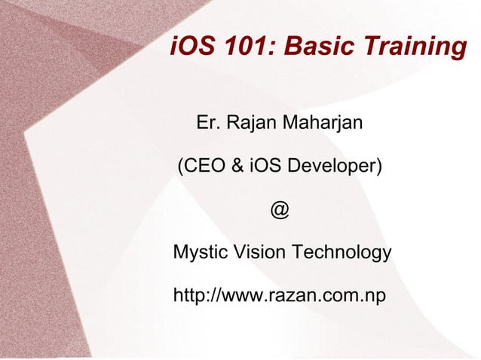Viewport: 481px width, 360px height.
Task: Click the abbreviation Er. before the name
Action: [207, 121]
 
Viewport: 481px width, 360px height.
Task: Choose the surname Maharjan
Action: [321, 122]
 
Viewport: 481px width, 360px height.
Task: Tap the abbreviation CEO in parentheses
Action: [204, 165]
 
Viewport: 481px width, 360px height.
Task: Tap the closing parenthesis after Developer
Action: [378, 166]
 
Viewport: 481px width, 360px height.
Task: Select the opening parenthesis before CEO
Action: [179, 166]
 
